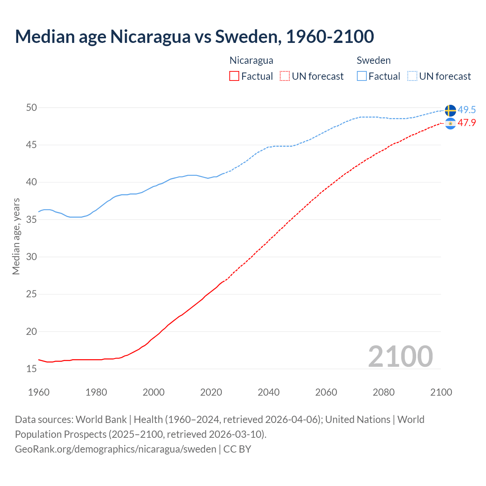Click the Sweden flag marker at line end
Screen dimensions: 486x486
point(450,110)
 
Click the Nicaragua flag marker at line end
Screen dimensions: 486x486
point(450,123)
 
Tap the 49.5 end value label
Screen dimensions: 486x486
point(467,110)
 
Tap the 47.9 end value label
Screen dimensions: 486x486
point(467,123)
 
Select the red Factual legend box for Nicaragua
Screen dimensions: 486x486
point(234,76)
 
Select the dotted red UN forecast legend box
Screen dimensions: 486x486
point(285,76)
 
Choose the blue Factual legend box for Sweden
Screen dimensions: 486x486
point(362,76)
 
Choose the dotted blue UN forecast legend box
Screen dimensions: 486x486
point(412,76)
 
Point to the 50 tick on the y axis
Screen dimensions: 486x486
point(32,107)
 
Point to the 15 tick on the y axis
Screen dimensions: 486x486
point(32,369)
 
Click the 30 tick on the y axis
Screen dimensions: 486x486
point(32,257)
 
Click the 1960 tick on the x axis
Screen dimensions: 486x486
point(39,392)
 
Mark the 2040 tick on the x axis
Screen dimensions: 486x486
point(268,392)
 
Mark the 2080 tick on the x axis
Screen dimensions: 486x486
point(383,392)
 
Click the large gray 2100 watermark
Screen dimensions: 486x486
point(400,356)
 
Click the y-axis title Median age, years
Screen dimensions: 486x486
point(16,236)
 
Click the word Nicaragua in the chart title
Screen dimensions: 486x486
point(150,36)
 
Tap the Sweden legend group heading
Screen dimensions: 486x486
point(374,60)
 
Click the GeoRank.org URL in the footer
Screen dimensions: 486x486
point(115,449)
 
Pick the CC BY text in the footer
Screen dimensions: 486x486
point(237,449)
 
